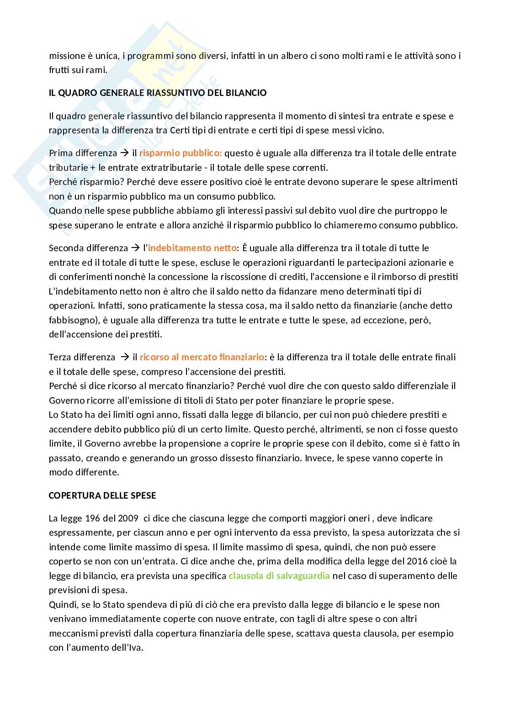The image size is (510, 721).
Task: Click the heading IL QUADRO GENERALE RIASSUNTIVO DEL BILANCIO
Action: click(158, 93)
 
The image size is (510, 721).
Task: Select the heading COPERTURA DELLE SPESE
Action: click(102, 495)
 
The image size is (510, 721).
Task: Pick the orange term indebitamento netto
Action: click(192, 248)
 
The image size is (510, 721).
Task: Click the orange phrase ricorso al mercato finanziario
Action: click(202, 357)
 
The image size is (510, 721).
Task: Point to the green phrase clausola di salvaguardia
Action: click(279, 576)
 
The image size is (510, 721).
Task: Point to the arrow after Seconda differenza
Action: click(136, 248)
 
